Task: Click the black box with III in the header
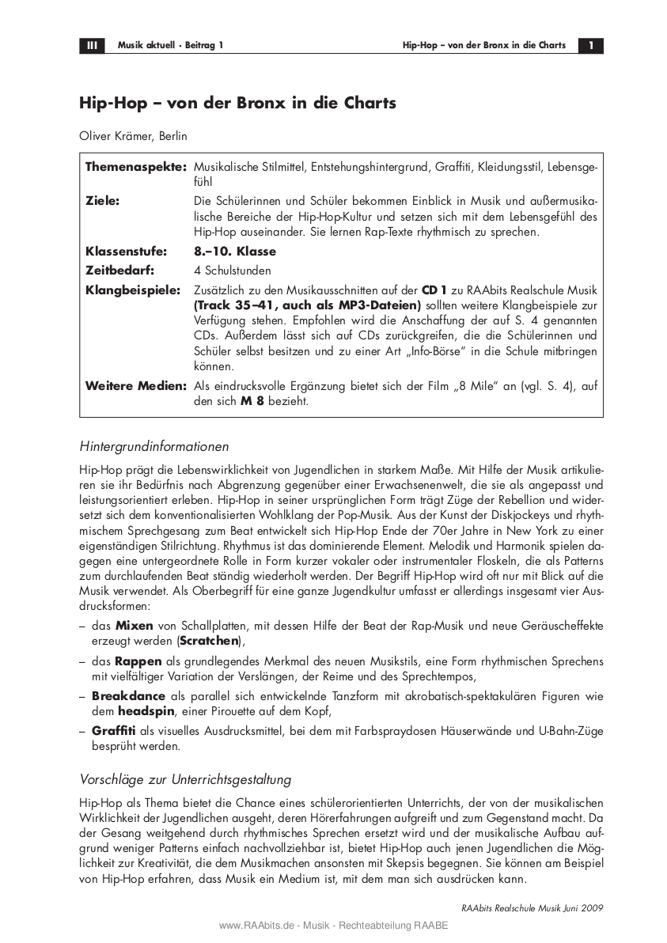click(x=92, y=45)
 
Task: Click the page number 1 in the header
click(x=590, y=45)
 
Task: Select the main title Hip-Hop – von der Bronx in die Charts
click(x=237, y=103)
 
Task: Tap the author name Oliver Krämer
click(x=116, y=136)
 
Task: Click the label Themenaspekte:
click(x=136, y=169)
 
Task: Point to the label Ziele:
click(x=103, y=202)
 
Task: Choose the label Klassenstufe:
click(x=127, y=252)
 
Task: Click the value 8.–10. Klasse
click(x=235, y=252)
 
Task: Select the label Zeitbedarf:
click(x=120, y=270)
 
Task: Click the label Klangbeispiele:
click(x=133, y=290)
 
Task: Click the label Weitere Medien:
click(x=136, y=386)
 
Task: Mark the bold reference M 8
click(x=251, y=401)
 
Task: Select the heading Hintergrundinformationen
click(x=154, y=445)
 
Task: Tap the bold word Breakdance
click(x=128, y=695)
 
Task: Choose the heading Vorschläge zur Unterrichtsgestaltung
click(x=186, y=778)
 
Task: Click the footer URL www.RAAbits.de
click(x=252, y=926)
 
